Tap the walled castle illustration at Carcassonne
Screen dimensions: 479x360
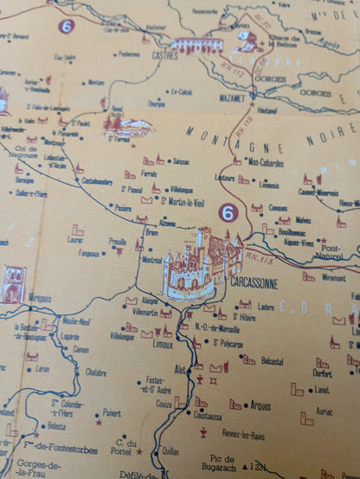(200, 264)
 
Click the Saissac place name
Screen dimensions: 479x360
(182, 161)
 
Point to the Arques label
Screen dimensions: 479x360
(260, 405)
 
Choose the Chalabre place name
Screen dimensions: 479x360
(95, 372)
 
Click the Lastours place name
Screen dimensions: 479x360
(226, 178)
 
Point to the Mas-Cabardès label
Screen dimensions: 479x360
(267, 161)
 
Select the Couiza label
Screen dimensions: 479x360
(164, 404)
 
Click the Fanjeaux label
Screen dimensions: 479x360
(89, 254)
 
